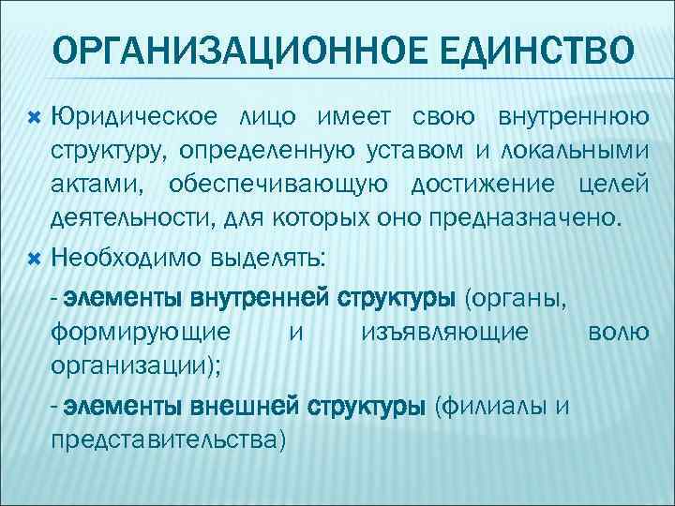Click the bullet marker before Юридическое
tap(36, 118)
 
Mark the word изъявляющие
tap(444, 332)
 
